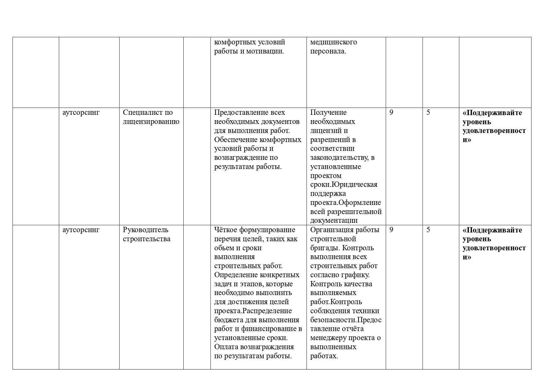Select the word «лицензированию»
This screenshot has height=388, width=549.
coord(151,122)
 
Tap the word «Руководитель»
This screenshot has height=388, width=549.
coord(145,230)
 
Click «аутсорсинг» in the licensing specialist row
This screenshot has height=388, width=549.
coord(81,113)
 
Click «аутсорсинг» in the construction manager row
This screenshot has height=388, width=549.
coord(81,230)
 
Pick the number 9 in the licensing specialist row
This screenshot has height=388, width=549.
coord(391,113)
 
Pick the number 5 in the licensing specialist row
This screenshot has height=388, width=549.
coord(428,113)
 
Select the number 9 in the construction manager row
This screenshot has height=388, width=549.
coord(391,230)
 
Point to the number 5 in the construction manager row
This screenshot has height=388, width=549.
coord(428,230)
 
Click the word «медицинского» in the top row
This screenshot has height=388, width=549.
coord(333,42)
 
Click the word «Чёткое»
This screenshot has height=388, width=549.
coord(226,230)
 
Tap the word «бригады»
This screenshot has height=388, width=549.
coord(324,248)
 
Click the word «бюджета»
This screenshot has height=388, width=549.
coord(228,320)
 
